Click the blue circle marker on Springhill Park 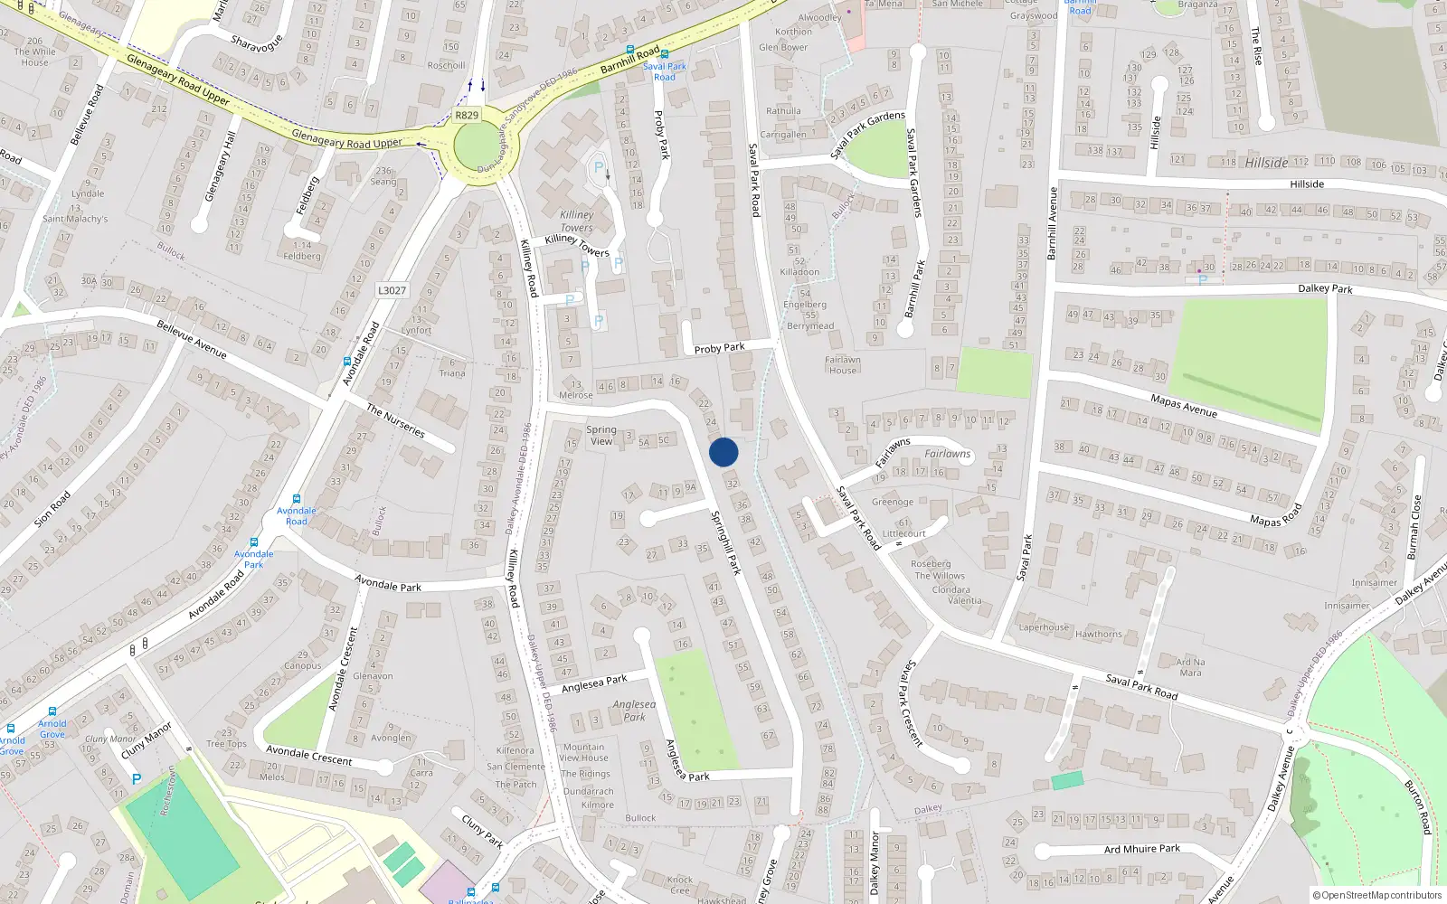point(723,452)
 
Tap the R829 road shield point(467,116)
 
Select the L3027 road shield point(392,290)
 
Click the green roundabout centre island point(477,147)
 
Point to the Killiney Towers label point(577,221)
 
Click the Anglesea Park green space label point(634,711)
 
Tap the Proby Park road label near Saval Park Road point(720,348)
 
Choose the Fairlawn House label point(843,364)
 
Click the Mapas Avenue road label point(1184,406)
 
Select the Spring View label point(601,436)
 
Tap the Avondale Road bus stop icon point(347,362)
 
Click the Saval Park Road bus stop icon point(664,55)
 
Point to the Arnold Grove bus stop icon point(52,711)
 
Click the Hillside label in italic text point(1266,163)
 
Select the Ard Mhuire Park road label point(1142,849)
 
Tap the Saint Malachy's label point(75,219)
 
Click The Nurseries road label point(395,420)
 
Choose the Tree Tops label point(227,744)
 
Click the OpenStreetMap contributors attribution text point(1377,895)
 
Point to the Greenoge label point(893,502)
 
